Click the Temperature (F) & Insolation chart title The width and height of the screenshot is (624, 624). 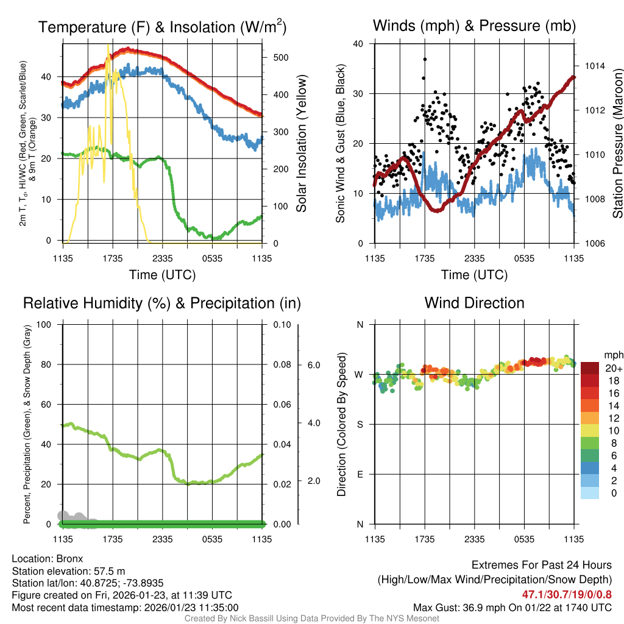tap(162, 27)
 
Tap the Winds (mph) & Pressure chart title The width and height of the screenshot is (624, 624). tap(474, 26)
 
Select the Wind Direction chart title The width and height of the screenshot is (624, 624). tap(474, 303)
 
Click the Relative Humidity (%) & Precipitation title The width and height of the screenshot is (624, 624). tap(161, 303)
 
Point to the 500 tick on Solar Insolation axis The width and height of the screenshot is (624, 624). tap(280, 57)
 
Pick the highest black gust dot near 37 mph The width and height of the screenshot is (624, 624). tap(425, 59)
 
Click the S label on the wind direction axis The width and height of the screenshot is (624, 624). tap(360, 424)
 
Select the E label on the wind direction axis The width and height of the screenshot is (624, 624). tap(360, 474)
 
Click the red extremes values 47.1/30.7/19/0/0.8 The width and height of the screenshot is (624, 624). tap(567, 594)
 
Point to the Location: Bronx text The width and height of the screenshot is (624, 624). tap(48, 558)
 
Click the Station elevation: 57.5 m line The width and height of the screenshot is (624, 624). tap(68, 570)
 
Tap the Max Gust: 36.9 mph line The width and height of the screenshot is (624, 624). tap(512, 607)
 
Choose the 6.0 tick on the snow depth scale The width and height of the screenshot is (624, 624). tap(313, 365)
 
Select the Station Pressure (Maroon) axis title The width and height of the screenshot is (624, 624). tap(617, 143)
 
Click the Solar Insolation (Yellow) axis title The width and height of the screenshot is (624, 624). tap(302, 144)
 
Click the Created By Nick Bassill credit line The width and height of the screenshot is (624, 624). tap(312, 619)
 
